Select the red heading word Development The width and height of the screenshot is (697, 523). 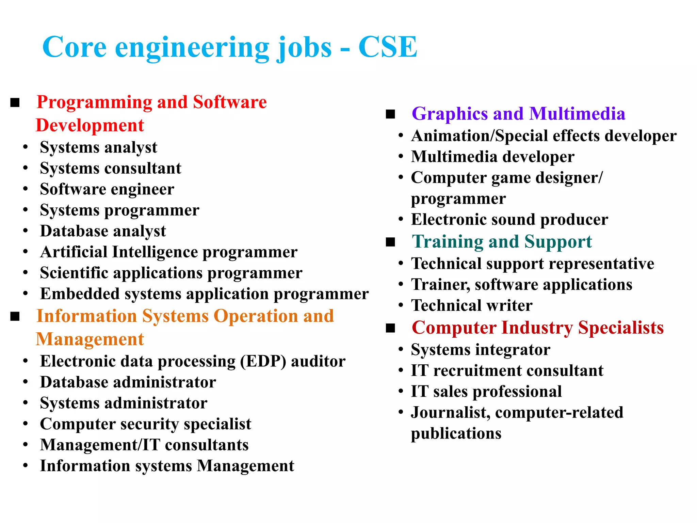(x=90, y=125)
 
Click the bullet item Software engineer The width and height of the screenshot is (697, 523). (x=107, y=189)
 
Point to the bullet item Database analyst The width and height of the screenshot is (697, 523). (x=103, y=231)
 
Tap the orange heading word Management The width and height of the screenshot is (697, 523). (x=90, y=339)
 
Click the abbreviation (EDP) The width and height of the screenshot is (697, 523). (x=263, y=361)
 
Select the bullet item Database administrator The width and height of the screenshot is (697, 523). (x=128, y=382)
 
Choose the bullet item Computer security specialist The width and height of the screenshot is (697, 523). (x=145, y=424)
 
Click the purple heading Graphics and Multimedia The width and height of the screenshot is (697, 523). (x=518, y=114)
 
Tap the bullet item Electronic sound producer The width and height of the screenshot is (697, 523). (x=509, y=220)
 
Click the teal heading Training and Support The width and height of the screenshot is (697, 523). (x=502, y=242)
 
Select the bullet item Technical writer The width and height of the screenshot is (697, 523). (x=472, y=305)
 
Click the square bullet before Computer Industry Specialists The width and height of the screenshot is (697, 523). (x=390, y=328)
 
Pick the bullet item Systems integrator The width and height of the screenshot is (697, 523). (x=481, y=350)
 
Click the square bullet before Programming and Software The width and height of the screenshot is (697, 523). (x=15, y=102)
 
